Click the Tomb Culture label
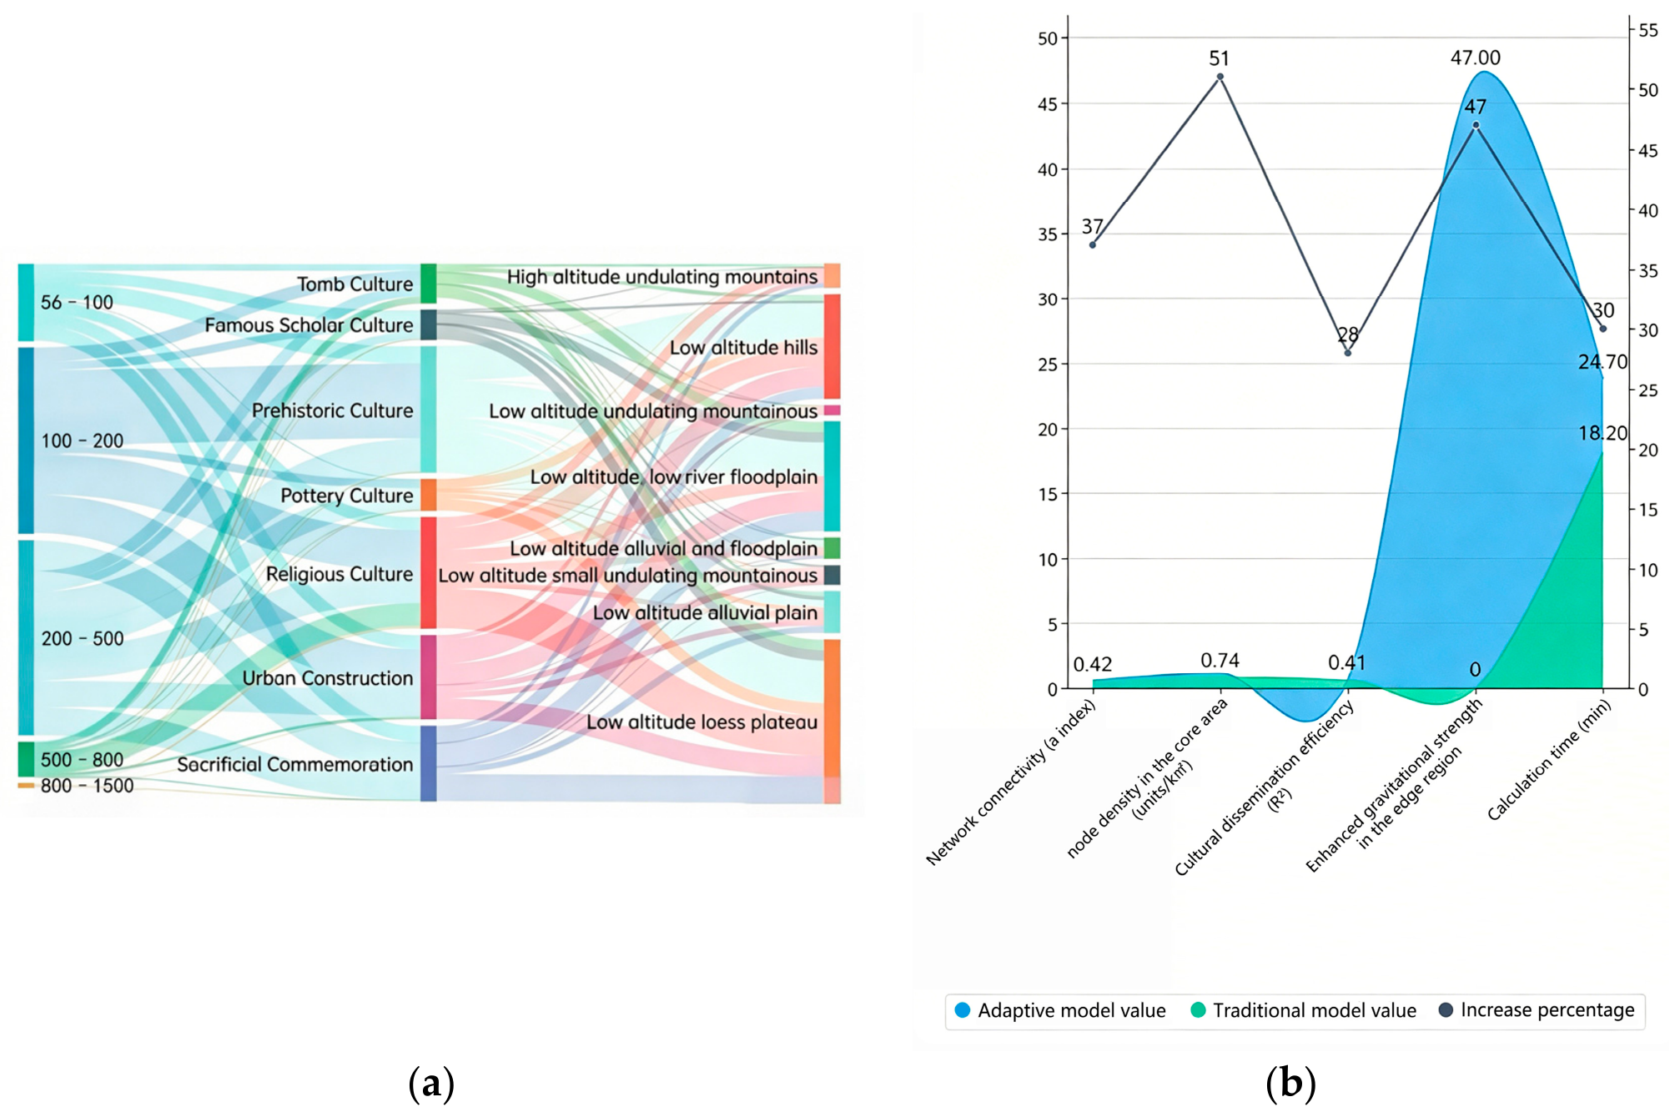pos(355,284)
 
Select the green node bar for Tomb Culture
pos(428,284)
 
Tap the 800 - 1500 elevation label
pos(87,786)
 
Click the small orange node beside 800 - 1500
pos(26,786)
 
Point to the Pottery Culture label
pos(346,496)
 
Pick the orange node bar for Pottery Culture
pos(428,495)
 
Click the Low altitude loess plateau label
pos(702,722)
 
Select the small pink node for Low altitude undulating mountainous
pos(832,410)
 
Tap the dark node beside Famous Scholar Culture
pos(428,325)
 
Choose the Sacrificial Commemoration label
pos(294,764)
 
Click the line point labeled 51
pos(1220,77)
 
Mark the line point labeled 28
pos(1347,353)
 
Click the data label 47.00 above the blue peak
pos(1475,58)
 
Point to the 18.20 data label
pos(1602,433)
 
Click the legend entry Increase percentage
pos(1537,1010)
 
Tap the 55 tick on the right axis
pos(1647,31)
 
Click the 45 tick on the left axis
pos(1048,104)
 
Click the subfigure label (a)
pos(431,1084)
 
